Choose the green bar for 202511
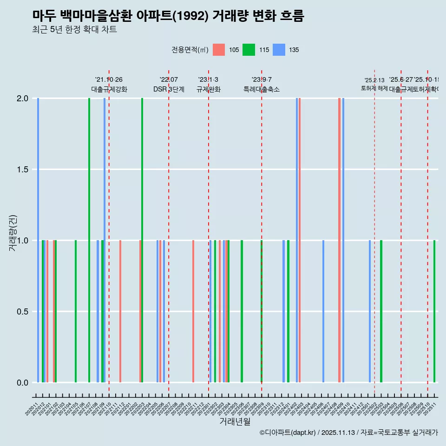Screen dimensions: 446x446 (x=434, y=311)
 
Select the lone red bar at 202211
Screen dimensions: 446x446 (x=193, y=311)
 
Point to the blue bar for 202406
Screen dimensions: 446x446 (x=323, y=311)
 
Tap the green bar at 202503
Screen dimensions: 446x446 (x=381, y=311)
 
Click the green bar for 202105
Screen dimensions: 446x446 (x=76, y=311)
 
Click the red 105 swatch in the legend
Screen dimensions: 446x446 (x=219, y=50)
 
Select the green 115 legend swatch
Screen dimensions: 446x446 (x=249, y=50)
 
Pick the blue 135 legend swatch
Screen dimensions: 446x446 (x=279, y=50)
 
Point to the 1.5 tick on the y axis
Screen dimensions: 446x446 (x=23, y=170)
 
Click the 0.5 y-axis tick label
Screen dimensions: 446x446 (x=23, y=312)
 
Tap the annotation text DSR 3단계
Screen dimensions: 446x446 (x=169, y=89)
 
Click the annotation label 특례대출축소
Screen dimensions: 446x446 (x=261, y=89)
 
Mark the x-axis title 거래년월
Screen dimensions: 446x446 (x=235, y=422)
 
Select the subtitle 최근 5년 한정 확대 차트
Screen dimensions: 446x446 (x=74, y=30)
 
